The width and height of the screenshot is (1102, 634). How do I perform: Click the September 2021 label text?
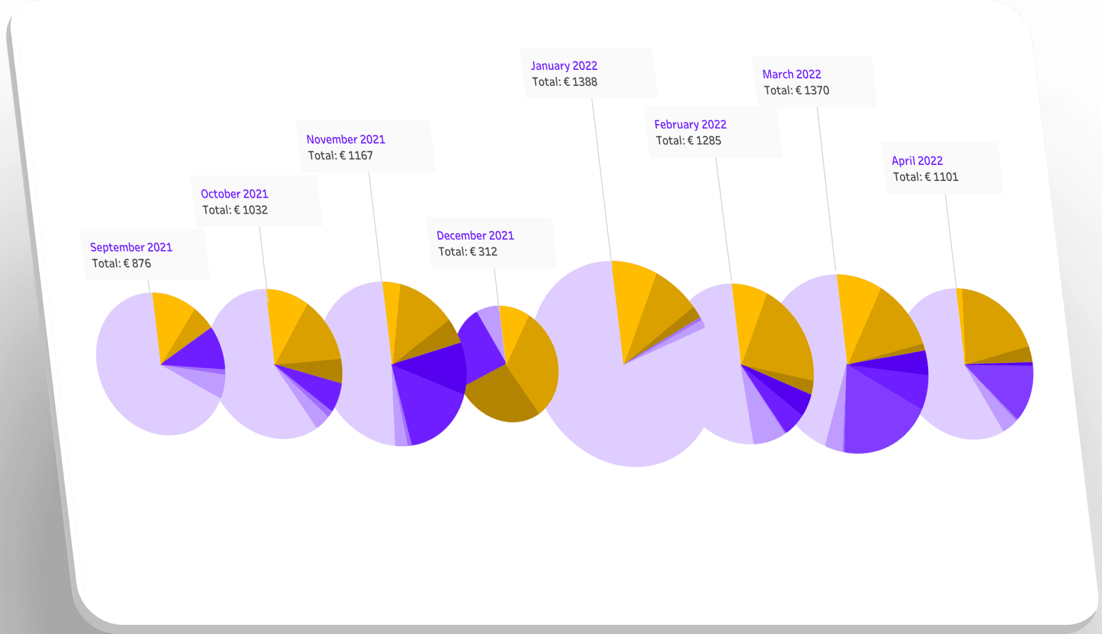click(x=131, y=247)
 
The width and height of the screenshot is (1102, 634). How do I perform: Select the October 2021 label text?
click(x=235, y=194)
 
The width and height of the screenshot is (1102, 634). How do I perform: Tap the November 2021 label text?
click(x=346, y=140)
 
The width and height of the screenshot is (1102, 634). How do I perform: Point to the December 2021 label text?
click(x=475, y=235)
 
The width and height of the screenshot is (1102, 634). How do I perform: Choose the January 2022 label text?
click(x=564, y=66)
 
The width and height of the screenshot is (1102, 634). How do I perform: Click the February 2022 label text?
click(x=690, y=125)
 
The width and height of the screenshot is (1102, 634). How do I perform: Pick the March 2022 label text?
click(x=791, y=74)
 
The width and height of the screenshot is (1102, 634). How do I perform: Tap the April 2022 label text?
click(x=917, y=161)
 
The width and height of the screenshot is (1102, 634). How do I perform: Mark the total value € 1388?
click(x=580, y=82)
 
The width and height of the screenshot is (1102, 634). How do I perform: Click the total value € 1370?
click(x=812, y=90)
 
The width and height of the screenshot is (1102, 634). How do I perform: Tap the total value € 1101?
click(x=941, y=177)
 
